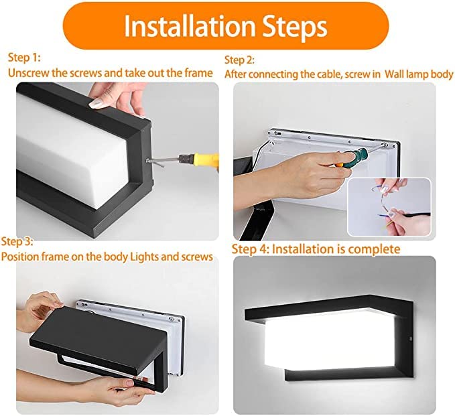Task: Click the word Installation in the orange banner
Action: (178, 26)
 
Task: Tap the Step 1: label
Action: (25, 57)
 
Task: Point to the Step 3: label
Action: (17, 241)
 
